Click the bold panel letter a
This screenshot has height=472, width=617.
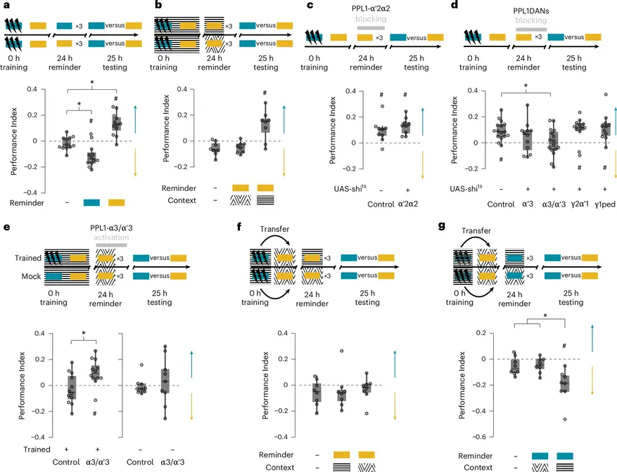click(6, 6)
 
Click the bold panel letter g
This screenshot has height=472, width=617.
click(442, 225)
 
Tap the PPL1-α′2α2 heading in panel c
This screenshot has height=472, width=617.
click(371, 8)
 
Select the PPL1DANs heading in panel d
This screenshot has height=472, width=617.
click(531, 11)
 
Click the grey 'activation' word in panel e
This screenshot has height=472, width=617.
click(111, 237)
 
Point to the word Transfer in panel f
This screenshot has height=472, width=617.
click(274, 229)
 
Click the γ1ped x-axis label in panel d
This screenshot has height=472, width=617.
click(605, 204)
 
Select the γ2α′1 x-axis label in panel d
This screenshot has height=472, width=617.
click(580, 204)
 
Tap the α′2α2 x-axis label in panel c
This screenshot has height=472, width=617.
click(408, 204)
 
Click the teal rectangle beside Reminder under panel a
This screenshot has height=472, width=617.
click(91, 202)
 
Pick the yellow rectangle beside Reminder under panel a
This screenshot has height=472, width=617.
click(117, 202)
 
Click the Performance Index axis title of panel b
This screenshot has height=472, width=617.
click(166, 128)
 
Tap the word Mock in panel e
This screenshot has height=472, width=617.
click(31, 276)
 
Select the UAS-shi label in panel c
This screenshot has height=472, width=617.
click(350, 188)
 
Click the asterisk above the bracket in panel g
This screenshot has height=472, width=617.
click(545, 316)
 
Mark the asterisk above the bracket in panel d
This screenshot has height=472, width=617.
click(526, 86)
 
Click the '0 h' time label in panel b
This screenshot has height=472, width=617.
click(163, 58)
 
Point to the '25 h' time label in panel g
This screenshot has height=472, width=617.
click(571, 293)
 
